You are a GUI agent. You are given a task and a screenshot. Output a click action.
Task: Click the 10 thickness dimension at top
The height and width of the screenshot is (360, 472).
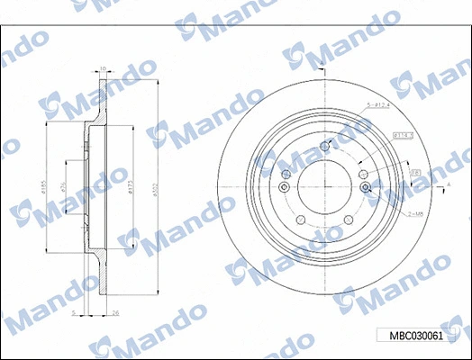click(x=103, y=68)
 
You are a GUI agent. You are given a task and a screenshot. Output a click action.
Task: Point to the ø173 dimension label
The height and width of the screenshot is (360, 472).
click(x=132, y=187)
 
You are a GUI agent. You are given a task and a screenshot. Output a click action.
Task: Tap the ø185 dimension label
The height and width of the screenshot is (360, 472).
click(x=42, y=187)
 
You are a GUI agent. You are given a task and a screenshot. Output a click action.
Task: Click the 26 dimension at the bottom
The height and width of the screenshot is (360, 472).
click(x=115, y=313)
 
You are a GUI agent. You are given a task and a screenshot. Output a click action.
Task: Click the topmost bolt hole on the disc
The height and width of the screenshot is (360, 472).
click(x=326, y=146)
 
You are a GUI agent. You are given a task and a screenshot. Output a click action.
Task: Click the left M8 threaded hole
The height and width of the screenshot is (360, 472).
click(x=285, y=187)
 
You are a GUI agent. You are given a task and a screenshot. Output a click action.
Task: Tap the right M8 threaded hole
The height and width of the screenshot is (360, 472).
click(x=366, y=187)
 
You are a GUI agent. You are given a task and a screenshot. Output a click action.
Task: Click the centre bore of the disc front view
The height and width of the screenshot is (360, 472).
click(x=326, y=187)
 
